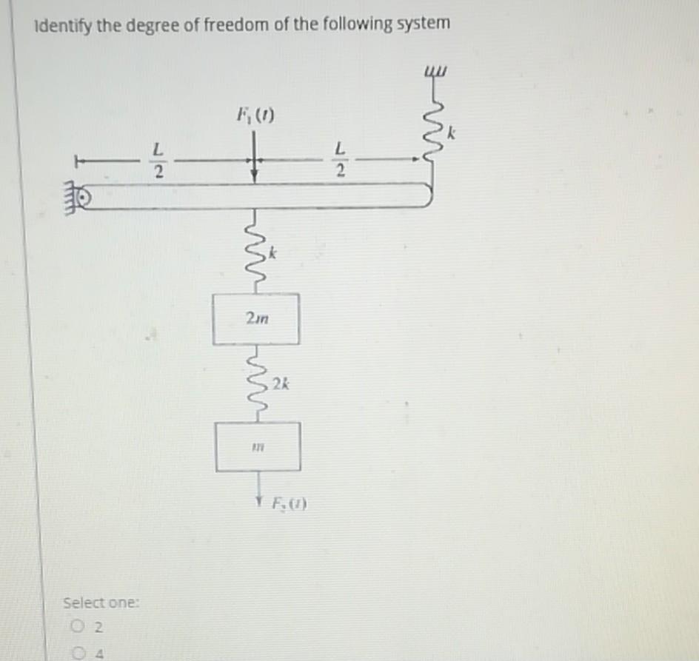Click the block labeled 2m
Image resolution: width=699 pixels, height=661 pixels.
[256, 319]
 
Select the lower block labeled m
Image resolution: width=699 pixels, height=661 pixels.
[258, 446]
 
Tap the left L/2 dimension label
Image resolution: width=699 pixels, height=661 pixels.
[156, 160]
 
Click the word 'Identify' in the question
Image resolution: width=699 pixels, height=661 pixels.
[63, 26]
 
